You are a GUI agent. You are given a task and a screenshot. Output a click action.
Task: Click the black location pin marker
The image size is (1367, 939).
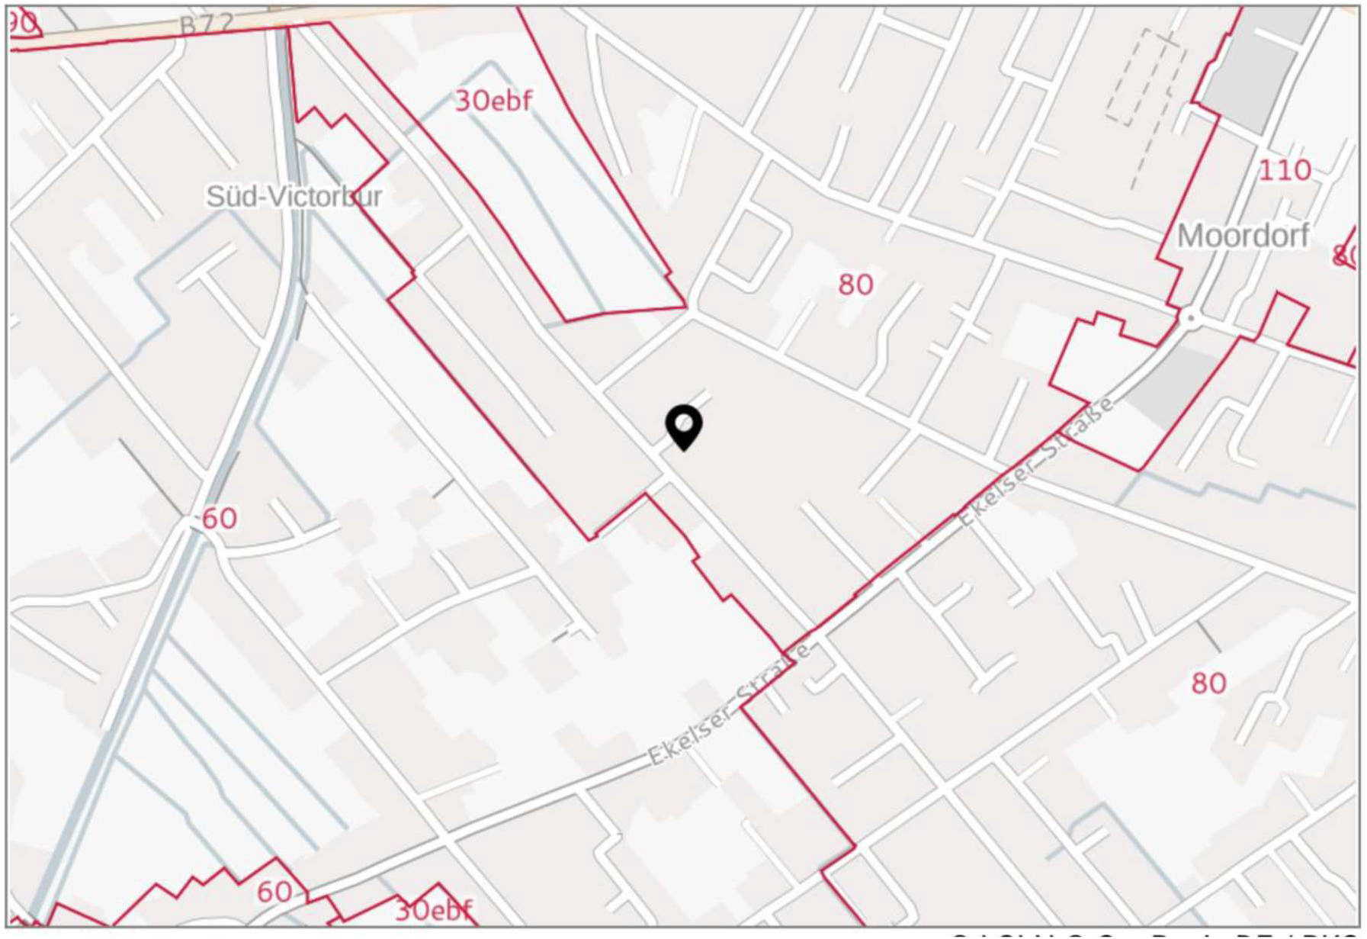(x=684, y=426)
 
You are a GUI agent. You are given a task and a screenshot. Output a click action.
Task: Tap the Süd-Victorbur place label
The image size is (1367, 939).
(x=294, y=197)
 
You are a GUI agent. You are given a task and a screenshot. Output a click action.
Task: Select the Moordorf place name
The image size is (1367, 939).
(x=1243, y=236)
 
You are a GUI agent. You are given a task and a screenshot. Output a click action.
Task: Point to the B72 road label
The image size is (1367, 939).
(x=206, y=25)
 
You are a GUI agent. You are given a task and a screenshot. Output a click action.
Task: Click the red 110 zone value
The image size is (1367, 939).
(x=1285, y=170)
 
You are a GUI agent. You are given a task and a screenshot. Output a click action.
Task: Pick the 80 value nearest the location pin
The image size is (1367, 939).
(x=855, y=285)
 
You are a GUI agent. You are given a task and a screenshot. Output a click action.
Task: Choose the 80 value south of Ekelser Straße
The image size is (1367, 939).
(x=1208, y=683)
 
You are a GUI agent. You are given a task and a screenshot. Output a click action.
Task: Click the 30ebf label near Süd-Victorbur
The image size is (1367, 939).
(x=493, y=101)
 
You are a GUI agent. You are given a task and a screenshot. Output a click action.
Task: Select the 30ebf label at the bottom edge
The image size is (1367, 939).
(x=434, y=910)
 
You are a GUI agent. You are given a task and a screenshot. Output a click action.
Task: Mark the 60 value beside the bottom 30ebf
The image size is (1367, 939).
(x=274, y=892)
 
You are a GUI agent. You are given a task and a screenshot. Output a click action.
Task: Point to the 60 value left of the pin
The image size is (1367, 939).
(x=219, y=519)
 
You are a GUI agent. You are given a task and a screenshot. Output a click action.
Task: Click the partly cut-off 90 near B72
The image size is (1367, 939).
(x=23, y=23)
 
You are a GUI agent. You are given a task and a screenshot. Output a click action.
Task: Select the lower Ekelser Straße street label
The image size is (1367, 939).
(x=728, y=706)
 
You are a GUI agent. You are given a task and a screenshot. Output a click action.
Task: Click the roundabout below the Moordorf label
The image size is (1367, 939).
(x=1189, y=318)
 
